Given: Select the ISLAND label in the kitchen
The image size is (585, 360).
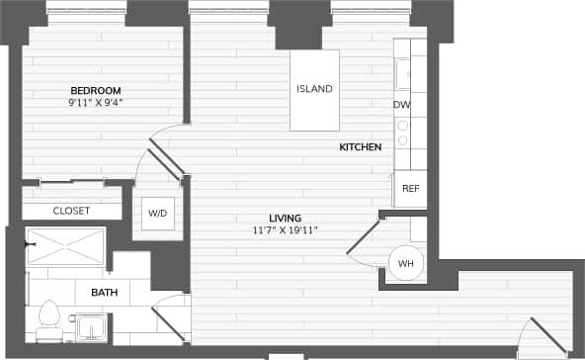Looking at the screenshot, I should [314, 89].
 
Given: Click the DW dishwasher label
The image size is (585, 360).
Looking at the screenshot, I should [402, 105].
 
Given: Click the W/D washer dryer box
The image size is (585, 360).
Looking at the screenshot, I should [157, 213].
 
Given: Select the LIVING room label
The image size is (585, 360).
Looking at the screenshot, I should [285, 218].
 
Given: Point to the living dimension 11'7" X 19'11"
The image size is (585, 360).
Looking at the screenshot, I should [285, 230].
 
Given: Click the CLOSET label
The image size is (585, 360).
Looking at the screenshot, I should [71, 211].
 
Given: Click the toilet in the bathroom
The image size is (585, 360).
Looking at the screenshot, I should [47, 318].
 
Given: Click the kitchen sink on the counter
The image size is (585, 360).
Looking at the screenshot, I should [403, 73].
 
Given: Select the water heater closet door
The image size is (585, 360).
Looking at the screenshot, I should [364, 239].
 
